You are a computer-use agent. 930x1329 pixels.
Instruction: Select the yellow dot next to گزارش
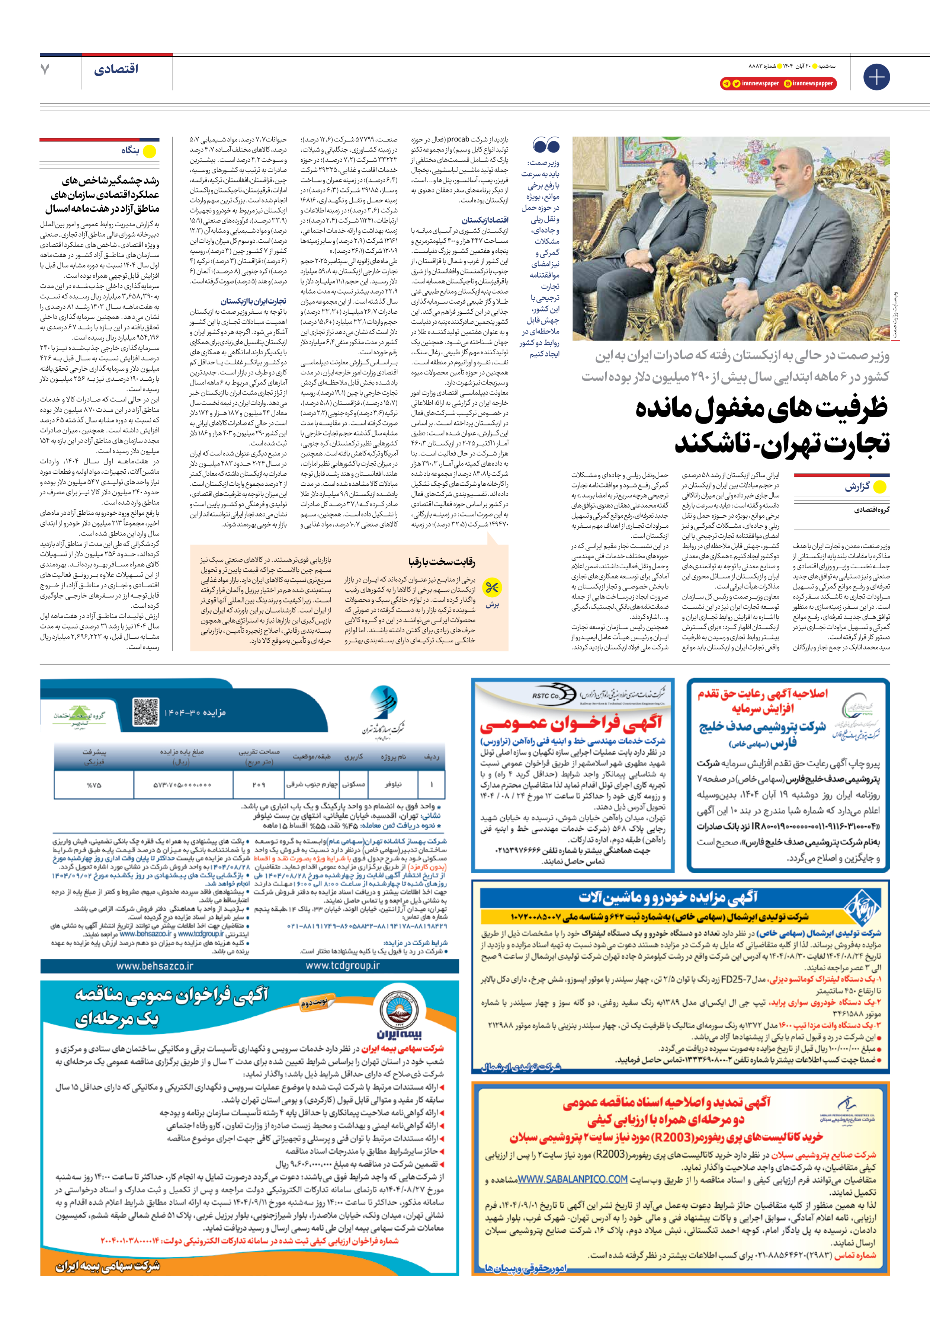(879, 487)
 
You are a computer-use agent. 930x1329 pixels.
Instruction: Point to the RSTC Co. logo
(546, 696)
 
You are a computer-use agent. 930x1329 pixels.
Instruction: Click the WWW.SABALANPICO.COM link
(573, 1179)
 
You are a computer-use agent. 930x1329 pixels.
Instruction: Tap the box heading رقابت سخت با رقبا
(442, 562)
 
